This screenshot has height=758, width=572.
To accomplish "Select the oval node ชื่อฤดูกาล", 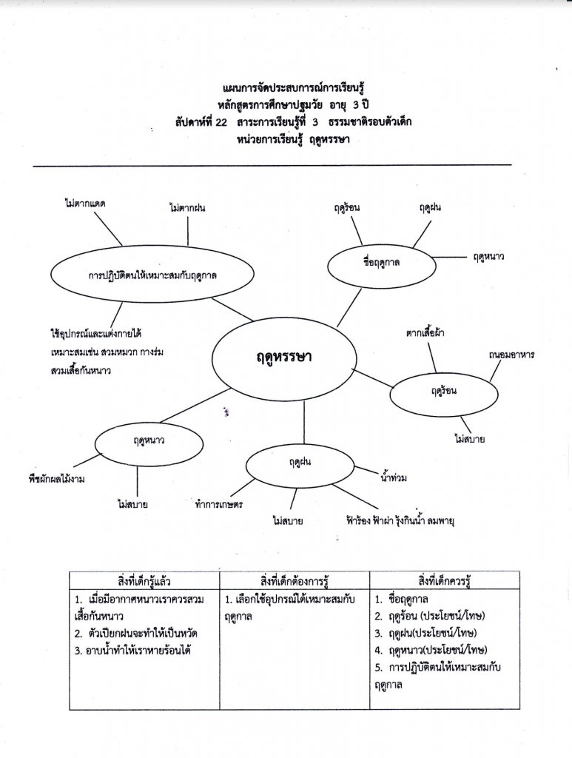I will coord(380,262).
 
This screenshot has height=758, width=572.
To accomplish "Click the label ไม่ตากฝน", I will coord(186,208).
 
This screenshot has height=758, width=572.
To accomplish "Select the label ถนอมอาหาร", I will coord(511,355).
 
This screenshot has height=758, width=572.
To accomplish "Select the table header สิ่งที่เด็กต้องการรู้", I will coord(294,578).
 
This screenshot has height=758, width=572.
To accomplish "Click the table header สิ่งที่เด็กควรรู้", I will coord(444,578).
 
